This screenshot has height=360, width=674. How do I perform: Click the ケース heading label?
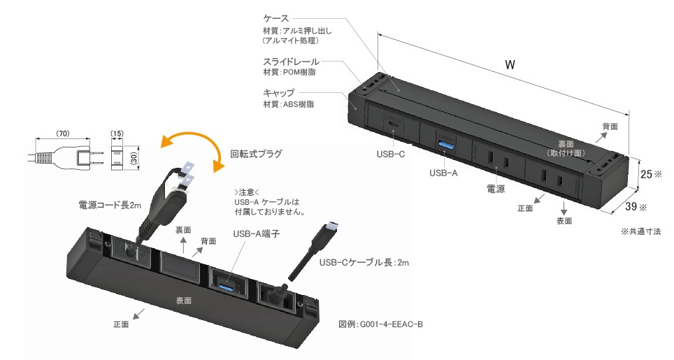pyautogui.click(x=276, y=17)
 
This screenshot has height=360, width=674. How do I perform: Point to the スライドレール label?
pyautogui.click(x=288, y=61)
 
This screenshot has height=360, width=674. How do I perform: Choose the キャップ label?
pyautogui.click(x=278, y=92)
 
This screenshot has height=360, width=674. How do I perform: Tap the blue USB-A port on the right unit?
pyautogui.click(x=443, y=144)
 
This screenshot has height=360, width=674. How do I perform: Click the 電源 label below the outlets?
pyautogui.click(x=496, y=189)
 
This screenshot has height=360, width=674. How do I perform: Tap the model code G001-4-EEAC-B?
pyautogui.click(x=380, y=324)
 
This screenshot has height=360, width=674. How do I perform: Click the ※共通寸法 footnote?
pyautogui.click(x=640, y=231)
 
